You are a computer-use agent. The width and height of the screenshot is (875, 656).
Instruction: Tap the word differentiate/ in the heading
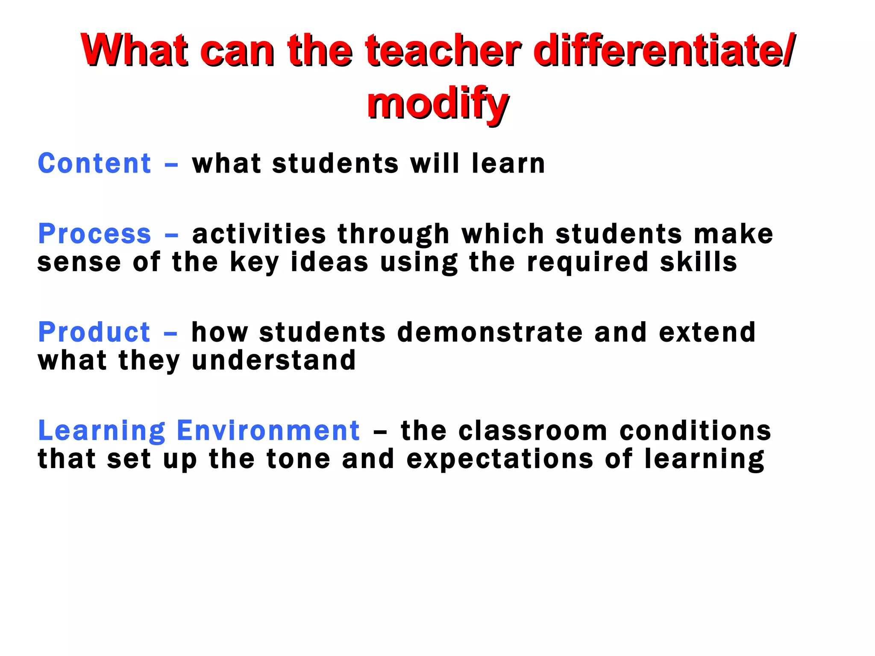[x=664, y=50]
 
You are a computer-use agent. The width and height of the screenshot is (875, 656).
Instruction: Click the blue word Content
[x=94, y=163]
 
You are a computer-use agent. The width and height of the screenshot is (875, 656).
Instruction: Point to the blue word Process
[x=94, y=234]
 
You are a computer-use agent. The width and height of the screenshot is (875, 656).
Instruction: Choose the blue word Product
[x=94, y=332]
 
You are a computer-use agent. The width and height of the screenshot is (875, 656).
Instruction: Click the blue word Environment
[x=268, y=430]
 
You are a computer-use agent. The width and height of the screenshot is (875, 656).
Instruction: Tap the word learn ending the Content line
[x=508, y=163]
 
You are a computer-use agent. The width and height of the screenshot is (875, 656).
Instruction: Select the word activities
[x=259, y=234]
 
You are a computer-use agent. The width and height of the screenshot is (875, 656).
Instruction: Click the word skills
[x=699, y=262]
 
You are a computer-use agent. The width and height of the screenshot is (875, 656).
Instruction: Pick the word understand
[x=273, y=360]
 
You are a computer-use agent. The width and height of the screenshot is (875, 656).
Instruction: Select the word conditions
[x=695, y=430]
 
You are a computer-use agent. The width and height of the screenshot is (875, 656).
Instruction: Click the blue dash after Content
[x=171, y=164]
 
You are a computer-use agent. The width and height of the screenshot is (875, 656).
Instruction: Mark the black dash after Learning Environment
[x=380, y=432]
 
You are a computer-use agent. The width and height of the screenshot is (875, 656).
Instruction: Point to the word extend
[x=707, y=332]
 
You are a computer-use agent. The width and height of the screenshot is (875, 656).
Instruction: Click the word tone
[x=298, y=459]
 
